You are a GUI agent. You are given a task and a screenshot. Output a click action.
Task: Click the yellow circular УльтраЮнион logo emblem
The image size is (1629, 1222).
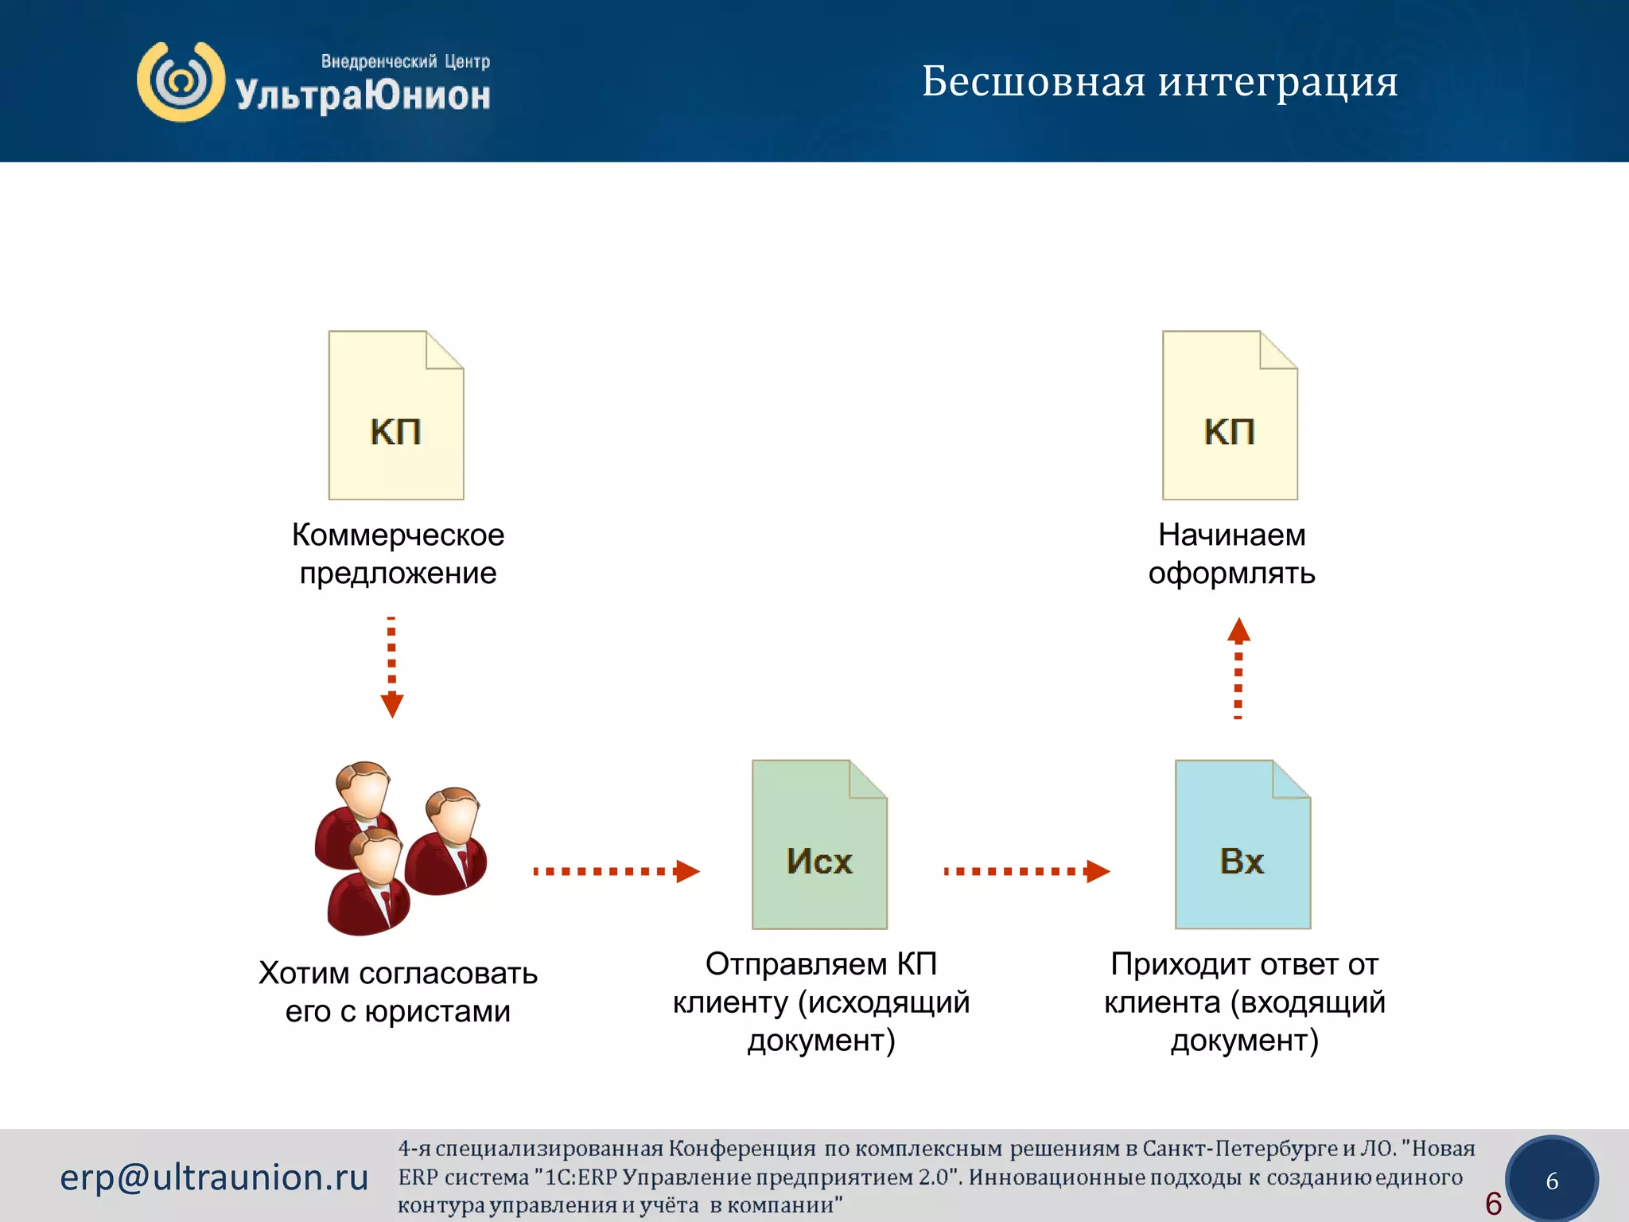click(x=181, y=82)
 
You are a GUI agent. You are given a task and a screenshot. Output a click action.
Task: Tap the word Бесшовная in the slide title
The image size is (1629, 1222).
click(x=1033, y=81)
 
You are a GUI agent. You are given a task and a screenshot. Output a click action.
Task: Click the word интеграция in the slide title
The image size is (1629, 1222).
click(x=1277, y=83)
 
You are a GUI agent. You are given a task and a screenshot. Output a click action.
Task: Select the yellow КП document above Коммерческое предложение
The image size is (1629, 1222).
click(x=396, y=416)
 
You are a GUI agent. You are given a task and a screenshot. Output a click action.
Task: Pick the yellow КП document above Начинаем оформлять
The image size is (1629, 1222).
click(x=1230, y=416)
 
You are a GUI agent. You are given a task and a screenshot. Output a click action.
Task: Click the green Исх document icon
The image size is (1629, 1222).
click(x=819, y=845)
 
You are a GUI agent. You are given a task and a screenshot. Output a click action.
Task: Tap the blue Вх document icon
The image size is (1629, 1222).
click(x=1242, y=845)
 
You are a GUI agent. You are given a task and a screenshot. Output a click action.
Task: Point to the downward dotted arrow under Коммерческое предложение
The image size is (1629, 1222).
click(x=391, y=667)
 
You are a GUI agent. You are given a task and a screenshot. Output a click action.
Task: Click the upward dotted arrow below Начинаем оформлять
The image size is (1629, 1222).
click(x=1238, y=668)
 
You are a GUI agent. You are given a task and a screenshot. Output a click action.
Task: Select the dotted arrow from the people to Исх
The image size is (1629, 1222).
click(x=616, y=871)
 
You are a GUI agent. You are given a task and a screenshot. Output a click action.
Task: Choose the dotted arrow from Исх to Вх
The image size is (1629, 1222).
click(x=1026, y=871)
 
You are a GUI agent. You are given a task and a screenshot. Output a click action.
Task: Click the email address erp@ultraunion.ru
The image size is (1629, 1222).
click(x=214, y=1177)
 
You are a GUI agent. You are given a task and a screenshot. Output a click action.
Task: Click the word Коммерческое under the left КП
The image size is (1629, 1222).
click(x=398, y=535)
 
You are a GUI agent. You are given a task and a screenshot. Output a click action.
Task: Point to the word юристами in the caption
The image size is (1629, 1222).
click(x=437, y=1011)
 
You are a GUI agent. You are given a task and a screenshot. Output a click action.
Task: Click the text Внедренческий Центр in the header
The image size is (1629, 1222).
click(x=405, y=61)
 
